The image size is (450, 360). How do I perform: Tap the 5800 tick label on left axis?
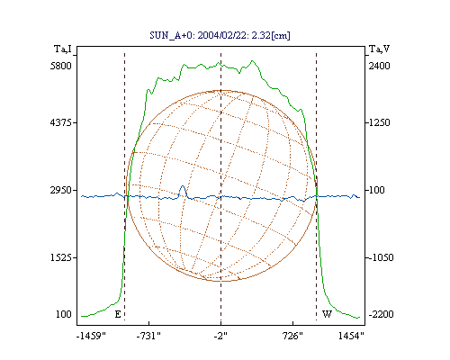click(x=61, y=66)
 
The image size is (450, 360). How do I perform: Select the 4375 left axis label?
click(x=61, y=122)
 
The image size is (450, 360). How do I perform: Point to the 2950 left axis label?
click(x=61, y=190)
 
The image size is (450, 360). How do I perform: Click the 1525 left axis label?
click(x=61, y=257)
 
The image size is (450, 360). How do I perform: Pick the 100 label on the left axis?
click(x=64, y=314)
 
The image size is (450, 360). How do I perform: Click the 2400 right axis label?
click(x=380, y=66)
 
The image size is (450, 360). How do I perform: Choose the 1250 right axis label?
click(x=380, y=122)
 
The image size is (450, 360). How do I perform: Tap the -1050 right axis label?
click(x=381, y=257)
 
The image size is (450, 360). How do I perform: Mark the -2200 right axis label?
click(x=381, y=314)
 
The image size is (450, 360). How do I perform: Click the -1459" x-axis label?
click(x=91, y=336)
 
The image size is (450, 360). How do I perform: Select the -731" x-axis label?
click(x=148, y=336)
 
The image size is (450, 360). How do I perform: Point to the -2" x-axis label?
click(x=220, y=336)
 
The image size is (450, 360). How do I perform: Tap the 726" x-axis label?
click(x=292, y=336)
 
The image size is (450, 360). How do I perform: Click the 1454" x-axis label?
click(x=351, y=336)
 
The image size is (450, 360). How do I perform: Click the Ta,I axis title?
click(x=63, y=49)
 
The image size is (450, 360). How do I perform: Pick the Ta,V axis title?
click(x=380, y=49)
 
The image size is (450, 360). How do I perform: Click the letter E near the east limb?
click(x=118, y=314)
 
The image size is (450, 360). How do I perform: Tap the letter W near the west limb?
click(x=327, y=314)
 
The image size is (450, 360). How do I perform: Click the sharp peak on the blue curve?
click(x=183, y=186)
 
